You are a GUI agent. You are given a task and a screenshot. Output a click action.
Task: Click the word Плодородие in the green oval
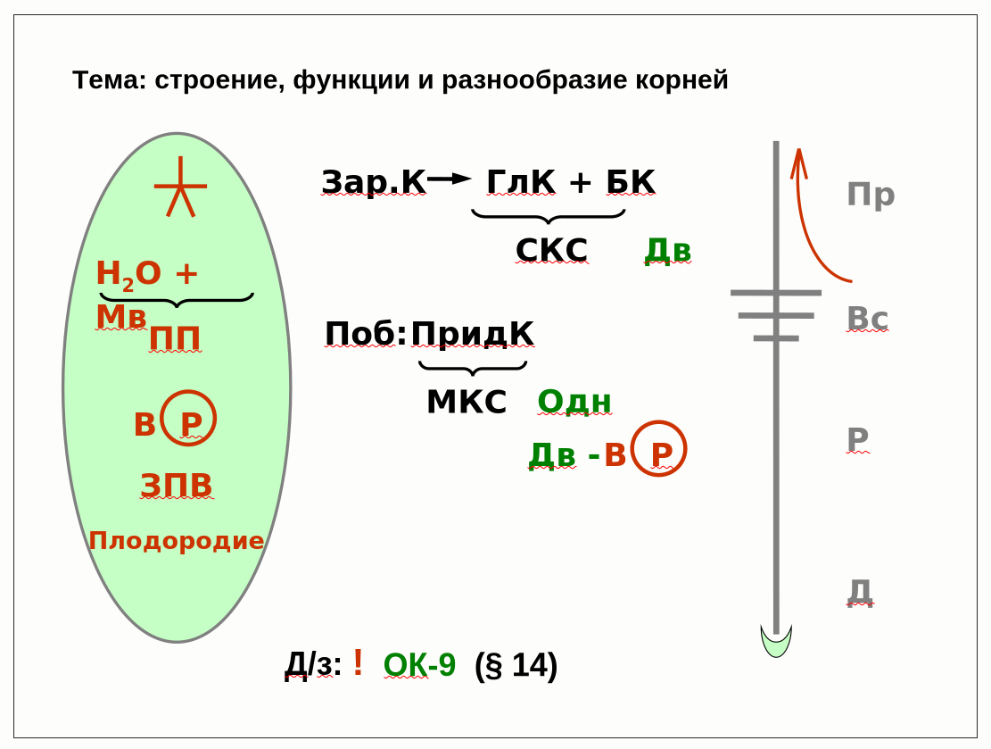[x=177, y=541]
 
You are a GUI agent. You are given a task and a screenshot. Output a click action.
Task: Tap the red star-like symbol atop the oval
[x=180, y=188]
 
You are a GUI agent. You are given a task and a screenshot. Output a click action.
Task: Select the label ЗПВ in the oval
[x=177, y=485]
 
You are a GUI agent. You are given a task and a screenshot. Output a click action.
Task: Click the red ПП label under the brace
[x=175, y=339]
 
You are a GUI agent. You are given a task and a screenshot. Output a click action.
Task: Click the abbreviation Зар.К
[x=374, y=182]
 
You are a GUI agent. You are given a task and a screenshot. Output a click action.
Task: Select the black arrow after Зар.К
[x=449, y=179]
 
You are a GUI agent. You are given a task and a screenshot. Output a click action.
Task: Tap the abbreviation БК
[x=631, y=182]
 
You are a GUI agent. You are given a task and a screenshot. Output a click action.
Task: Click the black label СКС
[x=551, y=251]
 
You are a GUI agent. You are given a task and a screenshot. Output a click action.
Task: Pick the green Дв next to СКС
[x=668, y=251]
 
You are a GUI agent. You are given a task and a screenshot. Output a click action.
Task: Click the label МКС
[x=467, y=402]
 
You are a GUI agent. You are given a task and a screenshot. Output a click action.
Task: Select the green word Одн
[x=574, y=402]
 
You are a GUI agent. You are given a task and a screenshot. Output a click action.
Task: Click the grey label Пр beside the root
[x=871, y=195]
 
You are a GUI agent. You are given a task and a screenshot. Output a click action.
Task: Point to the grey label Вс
[x=867, y=318]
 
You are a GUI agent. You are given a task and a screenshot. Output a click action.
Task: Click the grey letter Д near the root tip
[x=859, y=590]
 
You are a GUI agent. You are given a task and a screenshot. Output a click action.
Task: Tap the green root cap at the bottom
[x=776, y=643]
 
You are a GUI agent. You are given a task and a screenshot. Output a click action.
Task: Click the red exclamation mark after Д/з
[x=358, y=662]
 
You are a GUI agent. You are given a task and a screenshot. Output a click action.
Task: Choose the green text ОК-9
[x=419, y=665]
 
